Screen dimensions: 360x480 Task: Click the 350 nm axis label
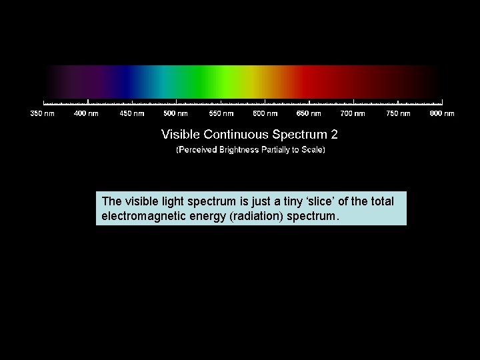pyautogui.click(x=43, y=113)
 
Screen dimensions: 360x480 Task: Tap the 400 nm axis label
pyautogui.click(x=86, y=113)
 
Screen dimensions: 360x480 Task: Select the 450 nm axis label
pyautogui.click(x=131, y=113)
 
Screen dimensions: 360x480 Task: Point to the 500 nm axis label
pyautogui.click(x=175, y=113)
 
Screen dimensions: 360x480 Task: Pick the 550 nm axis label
pyautogui.click(x=221, y=113)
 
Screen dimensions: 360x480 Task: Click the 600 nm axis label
pyautogui.click(x=265, y=113)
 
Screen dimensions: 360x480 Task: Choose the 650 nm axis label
pyautogui.click(x=309, y=113)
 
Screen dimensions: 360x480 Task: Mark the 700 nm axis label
pyautogui.click(x=353, y=113)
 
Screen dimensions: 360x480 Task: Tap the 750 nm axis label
pyautogui.click(x=398, y=113)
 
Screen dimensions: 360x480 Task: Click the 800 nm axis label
pyautogui.click(x=442, y=113)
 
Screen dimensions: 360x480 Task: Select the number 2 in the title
pyautogui.click(x=334, y=134)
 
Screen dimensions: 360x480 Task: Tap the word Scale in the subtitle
pyautogui.click(x=310, y=150)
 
